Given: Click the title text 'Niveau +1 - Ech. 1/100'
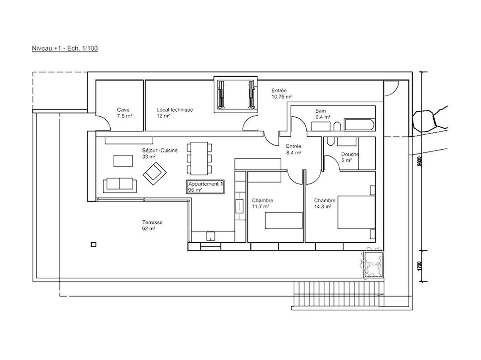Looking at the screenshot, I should pyautogui.click(x=65, y=48).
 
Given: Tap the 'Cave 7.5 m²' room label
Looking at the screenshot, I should pyautogui.click(x=123, y=113).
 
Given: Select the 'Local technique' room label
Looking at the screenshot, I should pyautogui.click(x=174, y=113).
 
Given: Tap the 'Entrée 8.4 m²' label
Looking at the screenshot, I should pyautogui.click(x=294, y=149).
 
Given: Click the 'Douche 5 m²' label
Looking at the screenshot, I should pyautogui.click(x=349, y=157).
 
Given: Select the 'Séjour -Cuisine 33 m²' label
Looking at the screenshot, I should pyautogui.click(x=160, y=153).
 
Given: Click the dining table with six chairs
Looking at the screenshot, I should pyautogui.click(x=199, y=158).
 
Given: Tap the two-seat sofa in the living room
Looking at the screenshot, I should pyautogui.click(x=120, y=185).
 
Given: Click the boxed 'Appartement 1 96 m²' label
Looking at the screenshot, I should pyautogui.click(x=205, y=187).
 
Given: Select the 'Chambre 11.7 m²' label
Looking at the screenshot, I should pyautogui.click(x=262, y=203).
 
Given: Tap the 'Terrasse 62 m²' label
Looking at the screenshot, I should pyautogui.click(x=152, y=225).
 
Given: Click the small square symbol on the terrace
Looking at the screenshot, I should pyautogui.click(x=94, y=245).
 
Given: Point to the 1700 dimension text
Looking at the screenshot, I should pyautogui.click(x=420, y=266).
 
